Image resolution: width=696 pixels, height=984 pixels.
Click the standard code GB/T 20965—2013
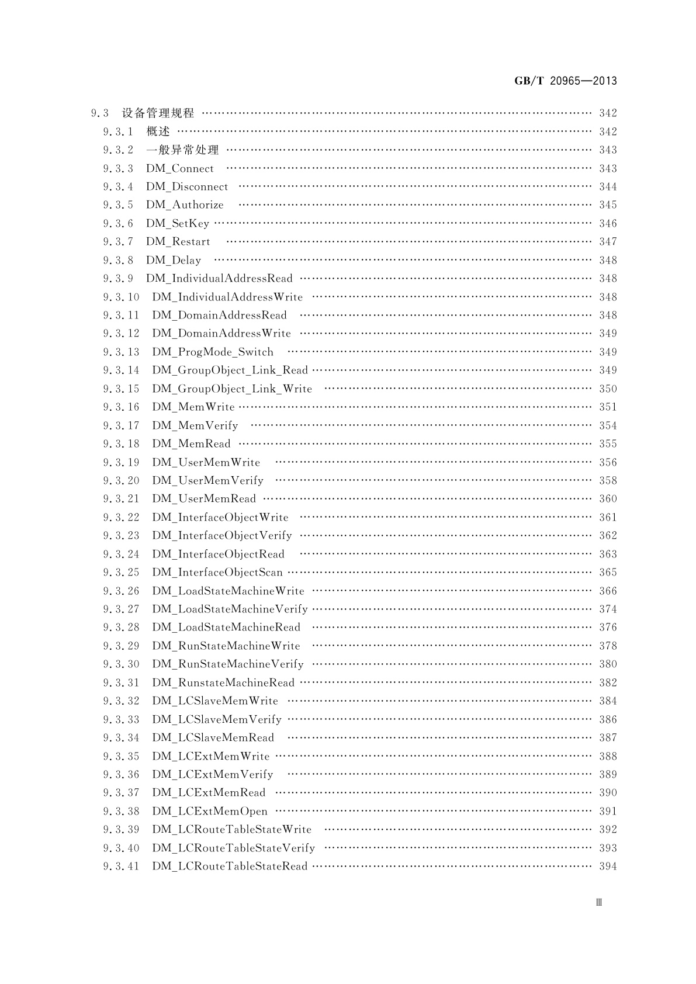565,81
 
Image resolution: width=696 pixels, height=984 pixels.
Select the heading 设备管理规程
158,113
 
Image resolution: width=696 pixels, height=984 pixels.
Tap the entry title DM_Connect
180,169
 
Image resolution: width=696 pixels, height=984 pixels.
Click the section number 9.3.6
118,224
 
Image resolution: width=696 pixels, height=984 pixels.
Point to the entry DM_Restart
178,242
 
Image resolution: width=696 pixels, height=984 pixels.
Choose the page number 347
608,242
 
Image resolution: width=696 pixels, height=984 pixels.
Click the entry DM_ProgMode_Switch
213,352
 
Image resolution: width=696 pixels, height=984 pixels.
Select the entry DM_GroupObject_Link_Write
232,389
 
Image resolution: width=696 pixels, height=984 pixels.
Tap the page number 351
608,407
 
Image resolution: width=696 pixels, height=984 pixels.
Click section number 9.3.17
121,426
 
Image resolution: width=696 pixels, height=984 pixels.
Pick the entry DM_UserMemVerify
207,481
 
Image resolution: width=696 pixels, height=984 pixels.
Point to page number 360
608,499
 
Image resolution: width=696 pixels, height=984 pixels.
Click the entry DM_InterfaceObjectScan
217,573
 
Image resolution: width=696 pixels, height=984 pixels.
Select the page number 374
608,609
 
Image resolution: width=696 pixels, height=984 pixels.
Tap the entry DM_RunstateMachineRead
223,683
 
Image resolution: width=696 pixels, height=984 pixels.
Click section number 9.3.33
121,720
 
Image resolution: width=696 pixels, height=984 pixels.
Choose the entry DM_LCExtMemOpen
210,812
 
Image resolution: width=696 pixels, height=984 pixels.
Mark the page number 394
608,867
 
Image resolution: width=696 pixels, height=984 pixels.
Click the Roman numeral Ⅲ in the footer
599,903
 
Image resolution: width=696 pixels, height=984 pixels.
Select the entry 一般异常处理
182,150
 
